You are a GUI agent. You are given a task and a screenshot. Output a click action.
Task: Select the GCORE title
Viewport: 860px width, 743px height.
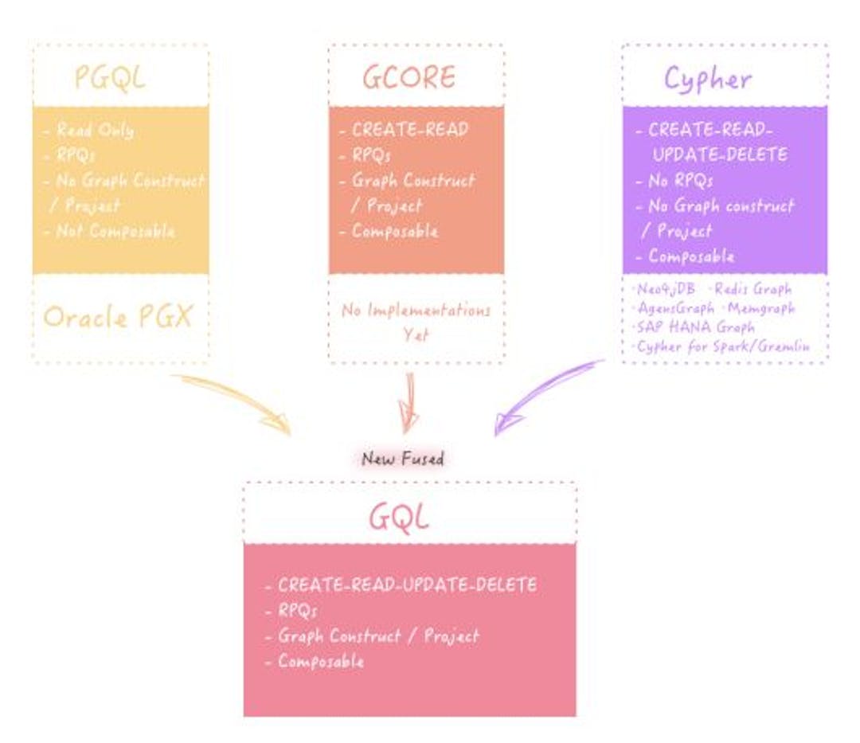(409, 77)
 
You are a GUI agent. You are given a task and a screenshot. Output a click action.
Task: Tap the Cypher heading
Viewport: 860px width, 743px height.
(707, 78)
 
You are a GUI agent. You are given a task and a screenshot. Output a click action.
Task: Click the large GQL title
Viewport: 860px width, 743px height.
(398, 518)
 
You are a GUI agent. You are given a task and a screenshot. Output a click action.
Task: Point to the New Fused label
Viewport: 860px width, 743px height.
(402, 459)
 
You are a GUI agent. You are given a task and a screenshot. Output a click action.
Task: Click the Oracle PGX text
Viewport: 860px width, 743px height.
(118, 317)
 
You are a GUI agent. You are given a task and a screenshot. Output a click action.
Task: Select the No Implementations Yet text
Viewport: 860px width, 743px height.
(416, 322)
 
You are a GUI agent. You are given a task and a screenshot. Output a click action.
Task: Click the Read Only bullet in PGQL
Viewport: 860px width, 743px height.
(95, 131)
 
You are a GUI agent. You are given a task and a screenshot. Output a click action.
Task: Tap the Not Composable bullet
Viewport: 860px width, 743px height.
(115, 231)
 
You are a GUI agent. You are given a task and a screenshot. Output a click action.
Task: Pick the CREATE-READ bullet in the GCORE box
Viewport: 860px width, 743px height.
(410, 130)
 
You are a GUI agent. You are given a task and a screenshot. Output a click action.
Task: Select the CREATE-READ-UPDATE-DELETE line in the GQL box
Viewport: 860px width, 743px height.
(406, 585)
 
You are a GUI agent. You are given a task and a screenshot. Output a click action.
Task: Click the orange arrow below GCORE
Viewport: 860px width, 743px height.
(409, 402)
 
